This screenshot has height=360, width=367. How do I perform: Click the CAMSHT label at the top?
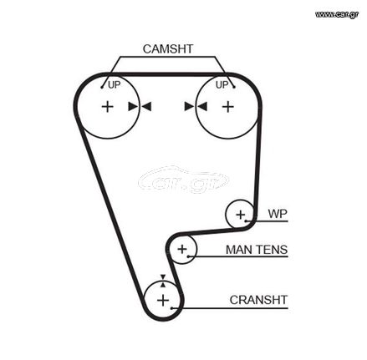[168, 49]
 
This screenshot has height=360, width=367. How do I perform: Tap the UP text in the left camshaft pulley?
[114, 84]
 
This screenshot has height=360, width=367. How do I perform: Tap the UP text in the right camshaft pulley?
[222, 84]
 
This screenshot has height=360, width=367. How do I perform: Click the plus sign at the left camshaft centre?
[108, 107]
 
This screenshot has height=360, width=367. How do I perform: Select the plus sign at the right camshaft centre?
[228, 107]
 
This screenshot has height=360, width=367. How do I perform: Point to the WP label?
[278, 214]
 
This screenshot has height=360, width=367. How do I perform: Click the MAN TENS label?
[257, 250]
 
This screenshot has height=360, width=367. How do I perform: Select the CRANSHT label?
[258, 300]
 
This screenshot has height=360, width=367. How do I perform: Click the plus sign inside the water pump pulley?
[240, 215]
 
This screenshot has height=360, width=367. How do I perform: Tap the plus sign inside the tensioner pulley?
[182, 249]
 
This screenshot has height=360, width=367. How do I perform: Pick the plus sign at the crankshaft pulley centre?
[163, 301]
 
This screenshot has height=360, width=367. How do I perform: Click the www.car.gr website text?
[337, 14]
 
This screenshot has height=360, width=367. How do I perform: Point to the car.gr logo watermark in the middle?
[183, 180]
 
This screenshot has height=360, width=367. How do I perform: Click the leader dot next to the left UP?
[102, 88]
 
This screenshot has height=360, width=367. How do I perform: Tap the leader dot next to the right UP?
[234, 87]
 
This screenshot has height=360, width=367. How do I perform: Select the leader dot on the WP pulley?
[246, 221]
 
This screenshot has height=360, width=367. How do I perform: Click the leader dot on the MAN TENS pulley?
[188, 256]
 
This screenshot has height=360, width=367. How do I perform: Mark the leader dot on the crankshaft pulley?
[172, 308]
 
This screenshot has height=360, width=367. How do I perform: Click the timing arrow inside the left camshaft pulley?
[133, 106]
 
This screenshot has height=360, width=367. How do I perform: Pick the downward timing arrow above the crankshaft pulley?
[163, 277]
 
